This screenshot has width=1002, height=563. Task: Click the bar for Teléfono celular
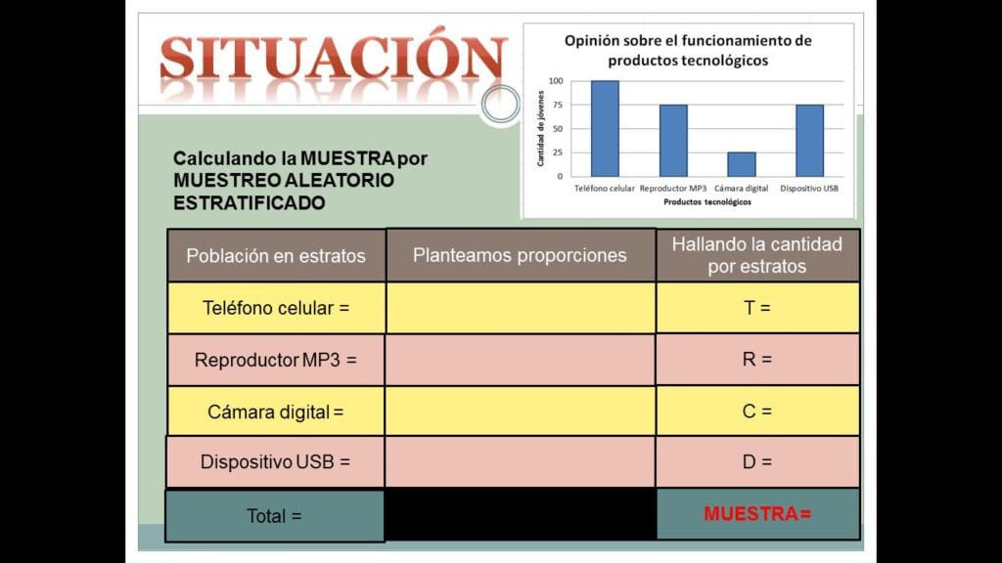click(x=605, y=128)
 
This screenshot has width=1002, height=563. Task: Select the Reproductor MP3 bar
click(x=673, y=141)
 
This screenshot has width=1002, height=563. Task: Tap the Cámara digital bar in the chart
click(x=742, y=164)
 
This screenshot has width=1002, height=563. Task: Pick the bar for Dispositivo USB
click(x=809, y=141)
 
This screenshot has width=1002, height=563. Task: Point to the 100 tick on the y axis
click(x=556, y=81)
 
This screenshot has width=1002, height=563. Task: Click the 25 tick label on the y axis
click(x=558, y=152)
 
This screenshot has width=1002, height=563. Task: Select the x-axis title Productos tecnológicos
click(x=707, y=201)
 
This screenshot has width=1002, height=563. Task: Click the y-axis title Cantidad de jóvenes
click(x=540, y=128)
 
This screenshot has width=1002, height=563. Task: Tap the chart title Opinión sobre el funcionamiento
click(x=688, y=51)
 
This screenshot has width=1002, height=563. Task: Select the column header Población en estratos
click(x=276, y=256)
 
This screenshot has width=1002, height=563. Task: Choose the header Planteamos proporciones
click(x=521, y=255)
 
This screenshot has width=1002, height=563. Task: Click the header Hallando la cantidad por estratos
click(x=757, y=255)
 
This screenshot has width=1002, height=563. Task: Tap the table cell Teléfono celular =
click(x=276, y=308)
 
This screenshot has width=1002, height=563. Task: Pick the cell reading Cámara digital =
click(x=276, y=411)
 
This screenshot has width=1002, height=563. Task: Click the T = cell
click(x=757, y=308)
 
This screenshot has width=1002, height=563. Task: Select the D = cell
click(x=757, y=461)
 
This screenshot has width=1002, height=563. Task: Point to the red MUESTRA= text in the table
click(x=757, y=514)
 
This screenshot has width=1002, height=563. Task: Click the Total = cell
click(x=275, y=516)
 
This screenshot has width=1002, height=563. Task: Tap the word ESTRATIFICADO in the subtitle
click(x=250, y=203)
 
